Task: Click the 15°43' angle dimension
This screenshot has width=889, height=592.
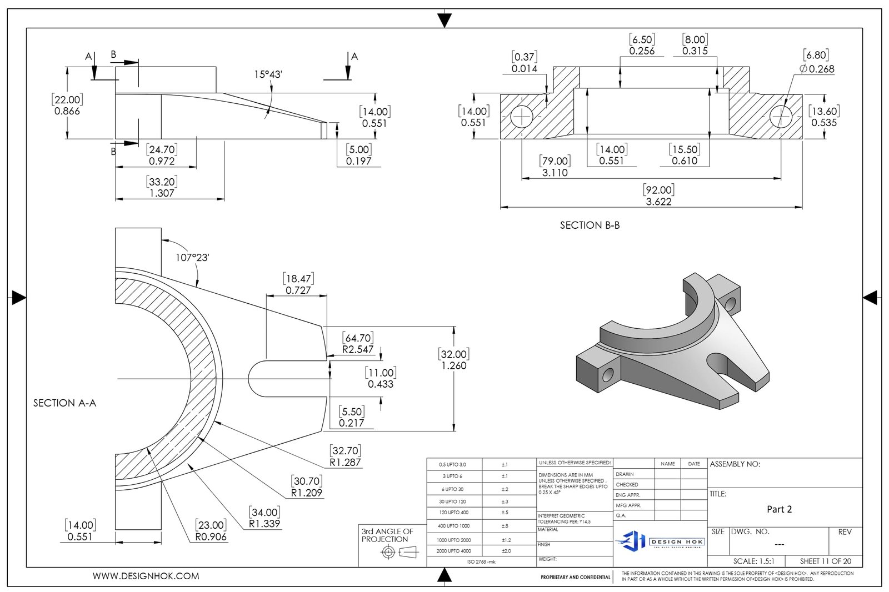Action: (268, 74)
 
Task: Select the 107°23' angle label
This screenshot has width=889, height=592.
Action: (192, 258)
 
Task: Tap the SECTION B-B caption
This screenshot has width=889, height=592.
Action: (590, 225)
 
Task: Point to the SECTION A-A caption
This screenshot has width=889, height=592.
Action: (64, 403)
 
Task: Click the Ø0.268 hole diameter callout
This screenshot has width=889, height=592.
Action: (816, 69)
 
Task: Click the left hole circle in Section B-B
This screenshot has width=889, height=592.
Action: (522, 117)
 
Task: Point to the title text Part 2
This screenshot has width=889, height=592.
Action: (779, 509)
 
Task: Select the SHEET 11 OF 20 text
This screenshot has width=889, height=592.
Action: (825, 561)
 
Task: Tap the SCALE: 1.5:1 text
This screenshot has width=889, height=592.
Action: (753, 561)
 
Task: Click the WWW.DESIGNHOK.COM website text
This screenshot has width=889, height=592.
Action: (146, 576)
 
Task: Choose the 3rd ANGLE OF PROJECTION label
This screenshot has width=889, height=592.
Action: (387, 535)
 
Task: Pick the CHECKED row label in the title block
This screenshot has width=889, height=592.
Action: (628, 485)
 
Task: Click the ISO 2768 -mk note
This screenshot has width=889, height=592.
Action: (481, 562)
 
